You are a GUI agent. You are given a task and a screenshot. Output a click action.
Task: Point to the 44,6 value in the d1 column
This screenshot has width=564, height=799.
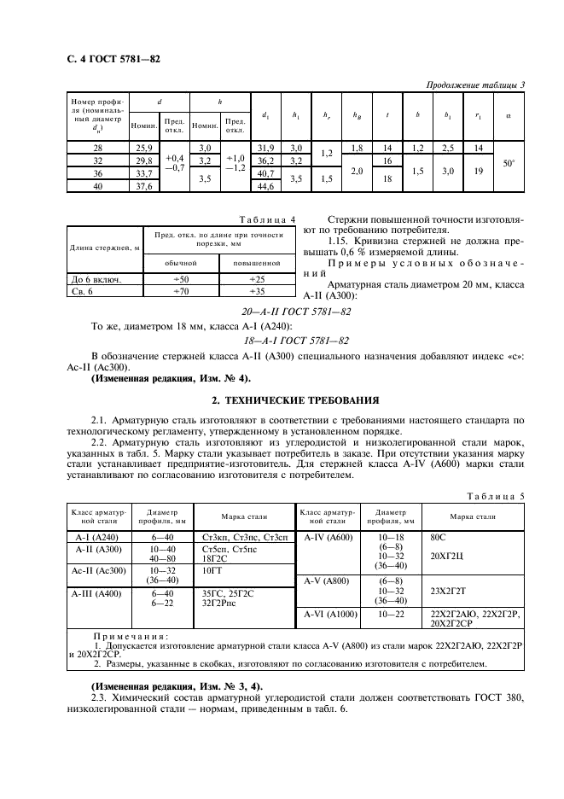(266, 186)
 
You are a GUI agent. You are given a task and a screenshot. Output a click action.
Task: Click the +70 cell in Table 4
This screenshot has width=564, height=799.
(180, 292)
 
